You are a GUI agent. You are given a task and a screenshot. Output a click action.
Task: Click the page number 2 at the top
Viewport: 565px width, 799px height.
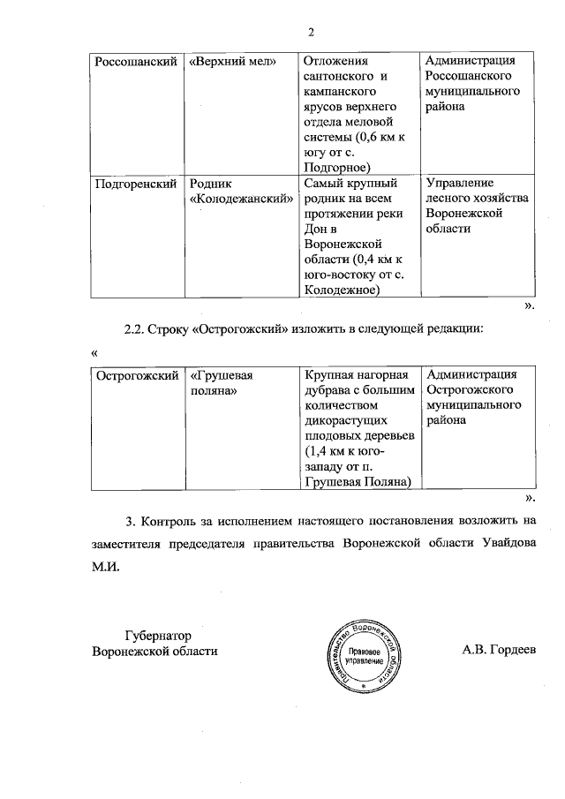tap(311, 34)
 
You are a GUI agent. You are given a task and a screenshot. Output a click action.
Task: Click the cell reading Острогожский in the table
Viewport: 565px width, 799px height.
tap(137, 375)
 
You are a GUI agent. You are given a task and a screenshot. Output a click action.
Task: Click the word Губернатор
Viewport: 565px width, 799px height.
tap(159, 635)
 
